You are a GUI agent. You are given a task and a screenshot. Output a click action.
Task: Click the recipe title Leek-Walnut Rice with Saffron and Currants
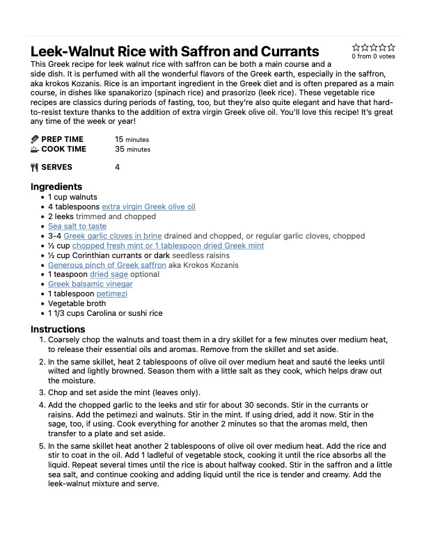[x=175, y=52]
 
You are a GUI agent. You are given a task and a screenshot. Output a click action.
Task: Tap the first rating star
[x=356, y=47]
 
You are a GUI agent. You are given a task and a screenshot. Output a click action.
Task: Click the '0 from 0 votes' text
[x=373, y=57]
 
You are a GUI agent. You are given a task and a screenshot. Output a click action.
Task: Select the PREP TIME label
[x=62, y=139]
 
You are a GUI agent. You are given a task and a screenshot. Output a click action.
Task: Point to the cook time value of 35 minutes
[x=132, y=149]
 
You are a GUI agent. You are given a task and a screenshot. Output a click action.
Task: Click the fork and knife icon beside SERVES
[x=35, y=167]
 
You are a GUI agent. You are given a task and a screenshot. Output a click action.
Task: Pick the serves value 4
[x=117, y=167]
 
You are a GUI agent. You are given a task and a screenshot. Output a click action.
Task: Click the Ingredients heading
[x=56, y=186]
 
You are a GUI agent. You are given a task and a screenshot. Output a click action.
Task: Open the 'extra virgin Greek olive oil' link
[x=148, y=207]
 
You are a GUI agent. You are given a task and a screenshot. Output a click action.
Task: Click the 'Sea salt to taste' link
[x=77, y=226]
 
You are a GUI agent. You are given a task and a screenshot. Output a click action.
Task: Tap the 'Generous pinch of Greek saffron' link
[x=107, y=265]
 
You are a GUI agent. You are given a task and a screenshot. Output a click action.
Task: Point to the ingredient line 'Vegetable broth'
[x=77, y=304]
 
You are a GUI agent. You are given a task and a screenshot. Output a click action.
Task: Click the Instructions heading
[x=58, y=329]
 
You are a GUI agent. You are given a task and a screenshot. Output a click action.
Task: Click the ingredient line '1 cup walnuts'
[x=72, y=197]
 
